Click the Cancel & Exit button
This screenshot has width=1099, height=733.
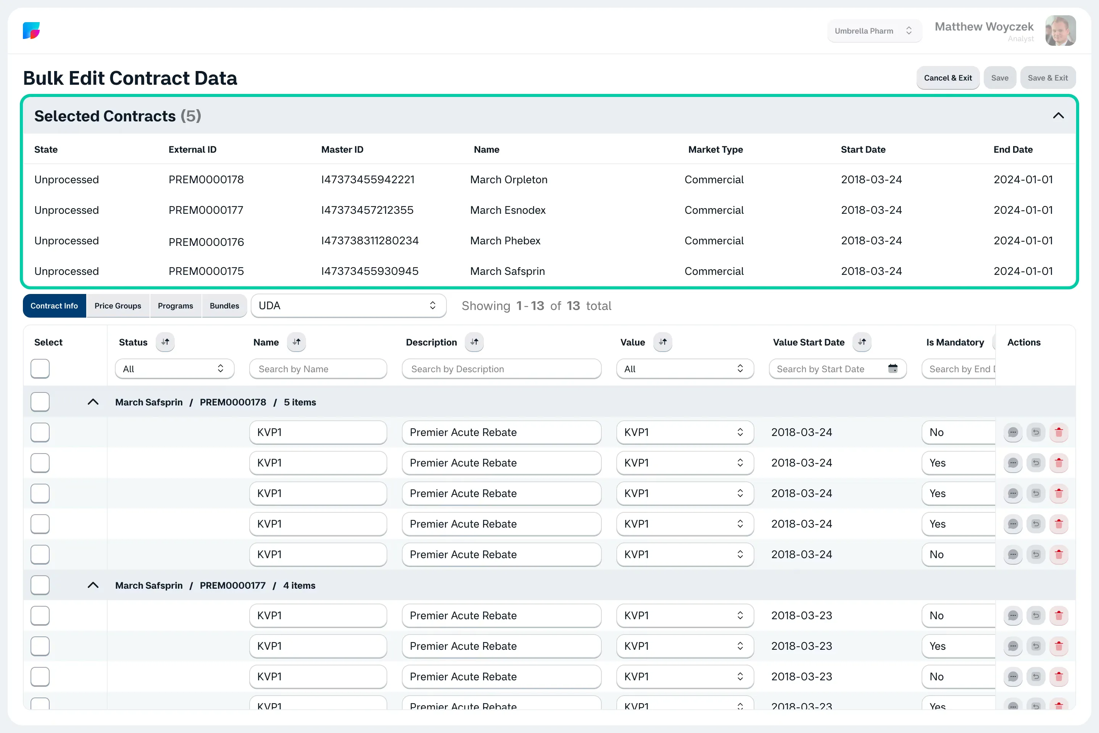point(948,78)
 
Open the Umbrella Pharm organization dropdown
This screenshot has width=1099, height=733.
point(874,31)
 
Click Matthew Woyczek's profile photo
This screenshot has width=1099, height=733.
point(1061,31)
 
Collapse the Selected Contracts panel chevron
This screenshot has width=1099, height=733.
point(1058,116)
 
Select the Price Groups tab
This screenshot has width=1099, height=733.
point(118,306)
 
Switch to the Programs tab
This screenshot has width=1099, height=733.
point(175,306)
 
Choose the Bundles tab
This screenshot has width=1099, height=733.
point(224,306)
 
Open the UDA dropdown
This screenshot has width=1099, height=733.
point(348,306)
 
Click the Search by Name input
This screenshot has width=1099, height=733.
point(318,369)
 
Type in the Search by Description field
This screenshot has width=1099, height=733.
point(501,369)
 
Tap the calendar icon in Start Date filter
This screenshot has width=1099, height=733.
point(893,368)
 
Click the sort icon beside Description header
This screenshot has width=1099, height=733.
point(474,342)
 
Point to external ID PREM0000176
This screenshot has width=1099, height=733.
point(206,242)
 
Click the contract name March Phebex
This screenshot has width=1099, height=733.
point(505,241)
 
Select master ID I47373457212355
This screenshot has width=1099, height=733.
point(367,210)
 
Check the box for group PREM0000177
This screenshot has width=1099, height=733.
point(40,585)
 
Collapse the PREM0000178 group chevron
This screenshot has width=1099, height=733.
point(93,402)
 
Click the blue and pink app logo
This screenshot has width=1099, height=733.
point(31,31)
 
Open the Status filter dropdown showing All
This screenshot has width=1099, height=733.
point(174,369)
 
